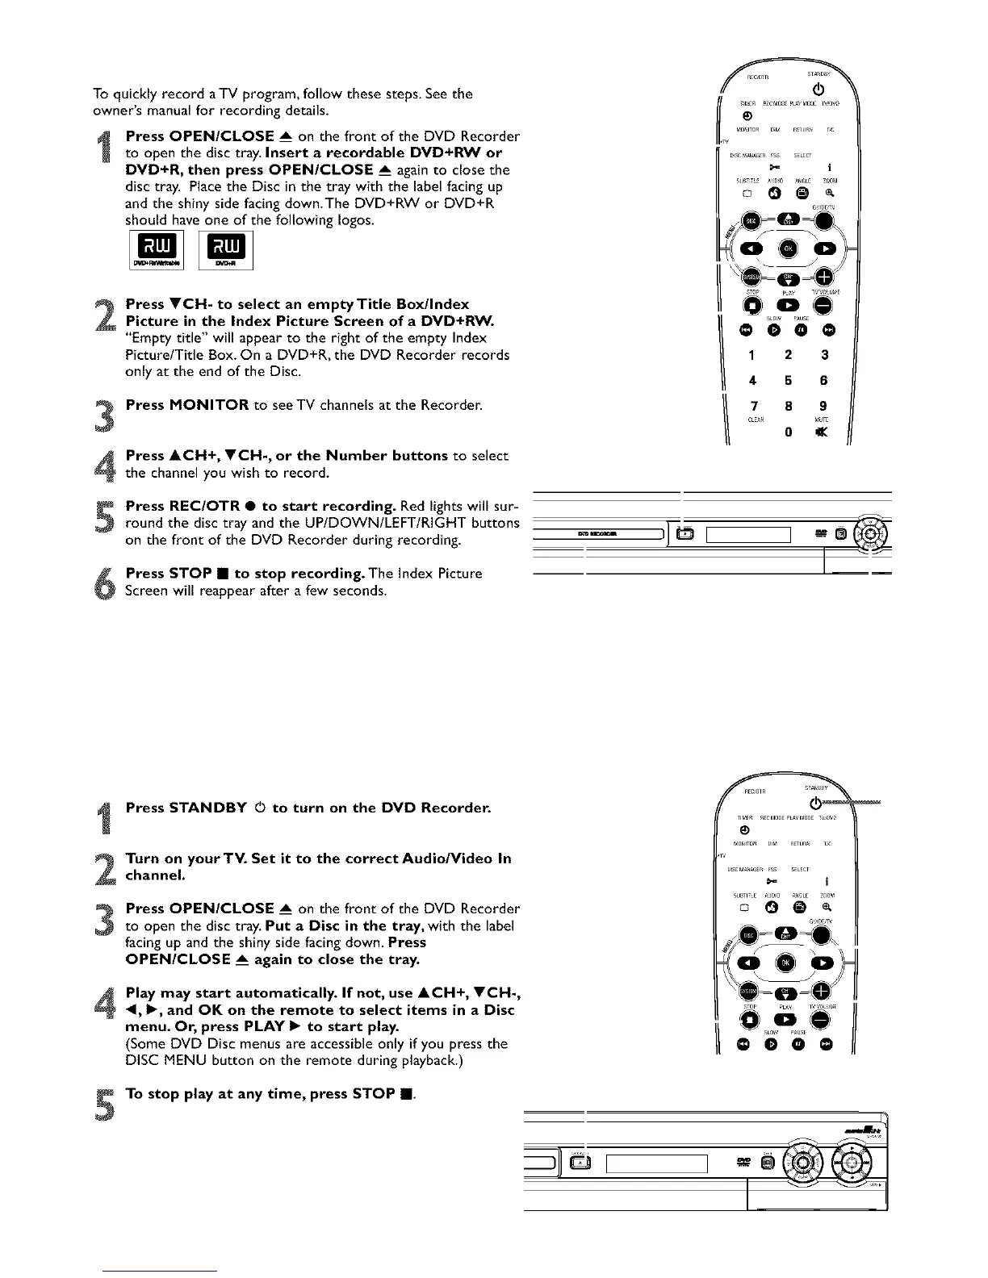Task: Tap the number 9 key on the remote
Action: coord(823,406)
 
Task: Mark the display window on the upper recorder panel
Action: coord(747,534)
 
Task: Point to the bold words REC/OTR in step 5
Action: coord(196,506)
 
